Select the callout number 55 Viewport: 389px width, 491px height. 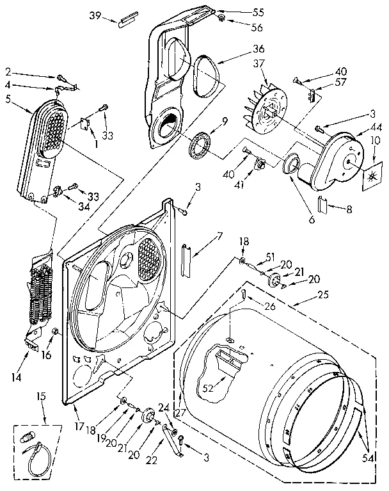click(241, 12)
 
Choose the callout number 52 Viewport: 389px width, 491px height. click(208, 387)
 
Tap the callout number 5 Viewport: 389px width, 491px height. click(8, 99)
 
